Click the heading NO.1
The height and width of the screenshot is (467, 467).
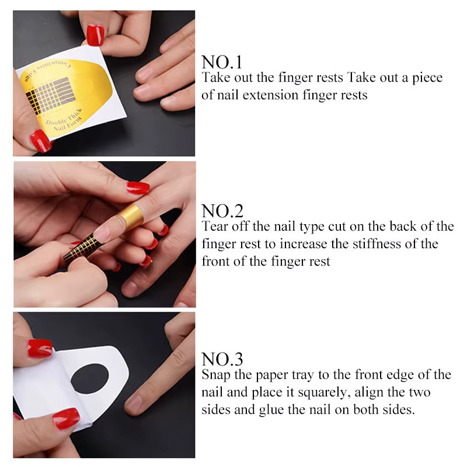point(222,62)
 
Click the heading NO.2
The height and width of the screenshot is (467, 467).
point(222,211)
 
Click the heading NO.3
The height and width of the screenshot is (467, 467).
point(222,359)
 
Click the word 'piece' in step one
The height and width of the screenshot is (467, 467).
point(427,78)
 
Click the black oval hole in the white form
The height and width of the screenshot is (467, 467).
point(90,378)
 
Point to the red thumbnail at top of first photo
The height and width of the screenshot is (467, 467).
point(95,35)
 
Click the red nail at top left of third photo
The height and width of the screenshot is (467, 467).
point(40,348)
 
